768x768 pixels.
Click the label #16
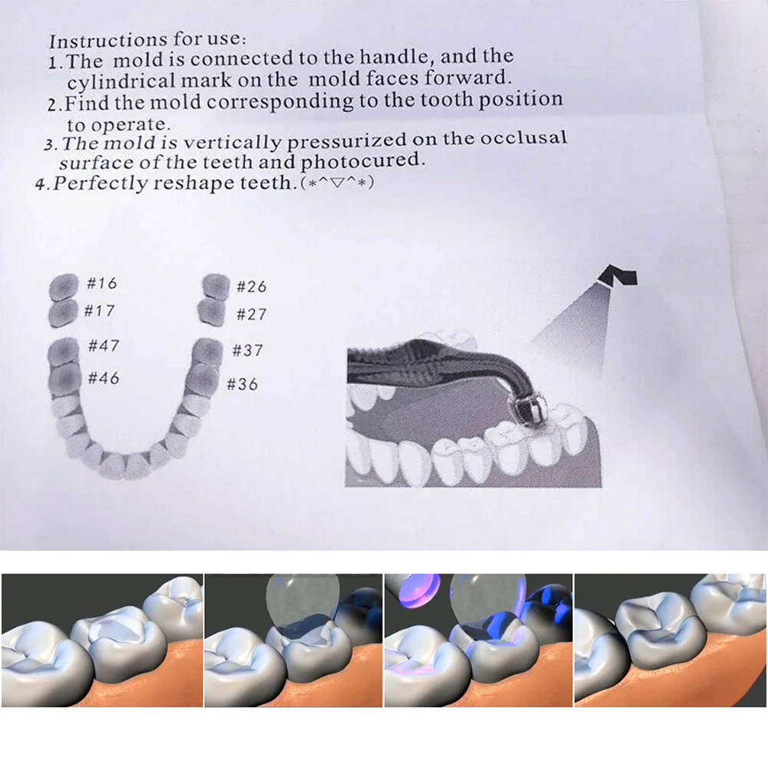[101, 283]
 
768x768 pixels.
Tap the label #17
[100, 311]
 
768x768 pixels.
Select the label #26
[251, 286]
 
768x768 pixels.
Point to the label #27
[251, 315]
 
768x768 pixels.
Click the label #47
[104, 346]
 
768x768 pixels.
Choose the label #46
[104, 377]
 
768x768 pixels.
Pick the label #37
[247, 351]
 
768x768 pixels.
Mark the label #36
[243, 384]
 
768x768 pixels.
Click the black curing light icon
[620, 276]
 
